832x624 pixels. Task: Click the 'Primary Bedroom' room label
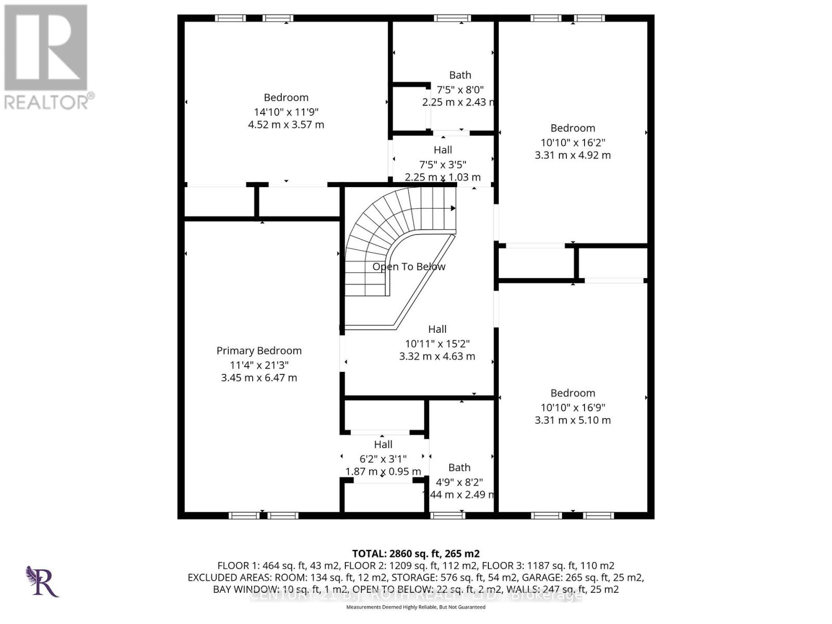(259, 350)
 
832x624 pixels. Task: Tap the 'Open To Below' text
(409, 267)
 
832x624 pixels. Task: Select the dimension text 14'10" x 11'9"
(286, 112)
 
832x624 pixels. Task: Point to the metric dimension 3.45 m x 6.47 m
(259, 378)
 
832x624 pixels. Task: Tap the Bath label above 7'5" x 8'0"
(460, 75)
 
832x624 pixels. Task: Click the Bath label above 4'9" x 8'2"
(459, 468)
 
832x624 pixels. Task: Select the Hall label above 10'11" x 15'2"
(437, 329)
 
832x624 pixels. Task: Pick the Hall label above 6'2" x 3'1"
(383, 445)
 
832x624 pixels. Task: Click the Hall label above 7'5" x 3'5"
(443, 150)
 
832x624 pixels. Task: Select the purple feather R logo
(42, 581)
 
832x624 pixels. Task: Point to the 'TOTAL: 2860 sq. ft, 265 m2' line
(415, 554)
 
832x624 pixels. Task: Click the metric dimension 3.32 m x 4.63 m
(437, 357)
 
